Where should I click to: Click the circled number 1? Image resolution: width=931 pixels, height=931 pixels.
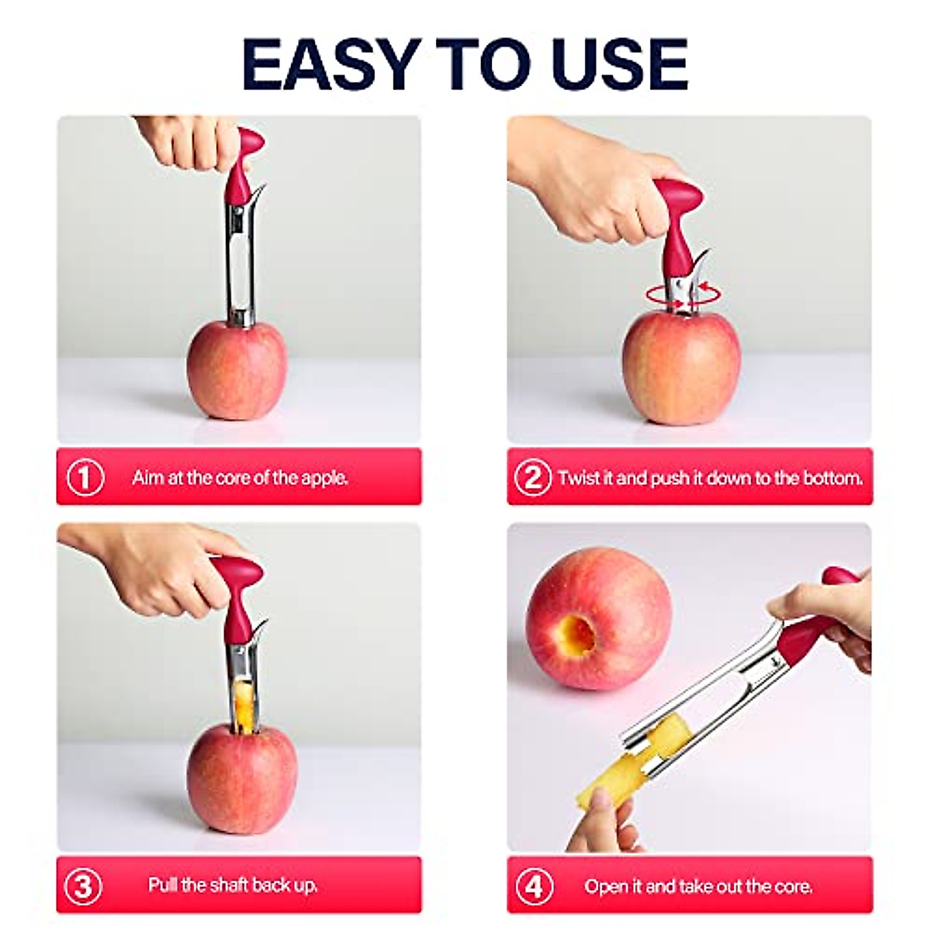click(x=85, y=477)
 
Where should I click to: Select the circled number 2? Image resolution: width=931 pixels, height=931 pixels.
click(x=533, y=477)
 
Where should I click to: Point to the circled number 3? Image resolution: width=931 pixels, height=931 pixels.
click(x=83, y=885)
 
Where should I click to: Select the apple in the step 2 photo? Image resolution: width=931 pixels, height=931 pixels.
click(x=680, y=369)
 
